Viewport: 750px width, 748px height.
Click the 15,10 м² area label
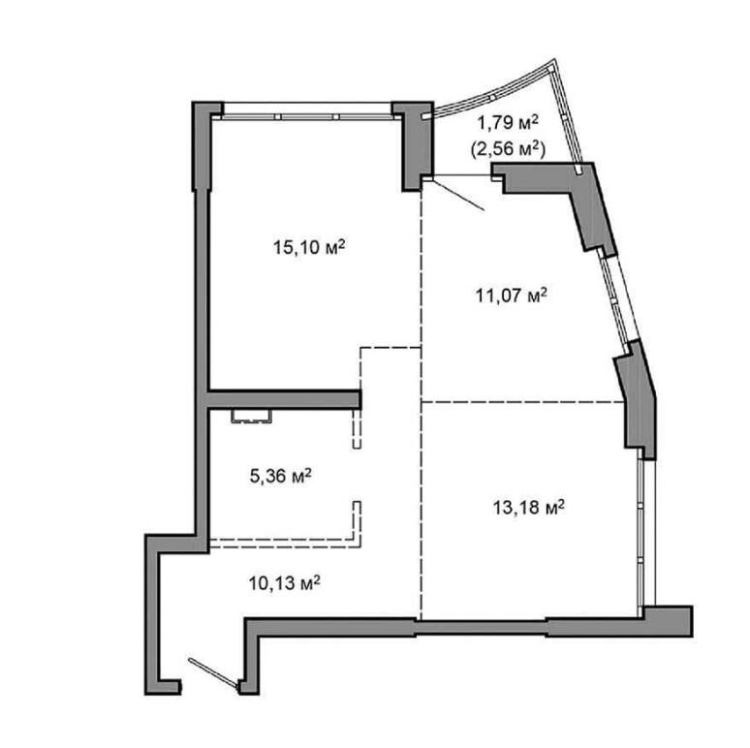(x=309, y=248)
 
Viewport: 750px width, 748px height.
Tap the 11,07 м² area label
(x=512, y=296)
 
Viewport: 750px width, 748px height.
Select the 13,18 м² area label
(x=529, y=507)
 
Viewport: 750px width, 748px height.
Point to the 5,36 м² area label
(x=281, y=476)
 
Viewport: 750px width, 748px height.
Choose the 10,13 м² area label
(x=284, y=583)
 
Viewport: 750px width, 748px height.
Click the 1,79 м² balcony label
(x=508, y=123)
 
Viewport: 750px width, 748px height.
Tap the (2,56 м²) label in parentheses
(x=508, y=149)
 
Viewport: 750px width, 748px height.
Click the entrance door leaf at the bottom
(x=213, y=673)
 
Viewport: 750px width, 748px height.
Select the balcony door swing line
(x=458, y=195)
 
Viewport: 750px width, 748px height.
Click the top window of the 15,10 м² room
(x=307, y=110)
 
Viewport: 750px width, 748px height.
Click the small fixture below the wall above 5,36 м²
(x=252, y=416)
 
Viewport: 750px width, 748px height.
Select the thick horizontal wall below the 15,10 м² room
(x=284, y=399)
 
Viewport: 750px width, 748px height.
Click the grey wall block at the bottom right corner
(x=668, y=621)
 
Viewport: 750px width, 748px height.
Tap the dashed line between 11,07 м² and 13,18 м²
(x=523, y=402)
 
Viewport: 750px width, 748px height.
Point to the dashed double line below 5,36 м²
(x=286, y=543)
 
